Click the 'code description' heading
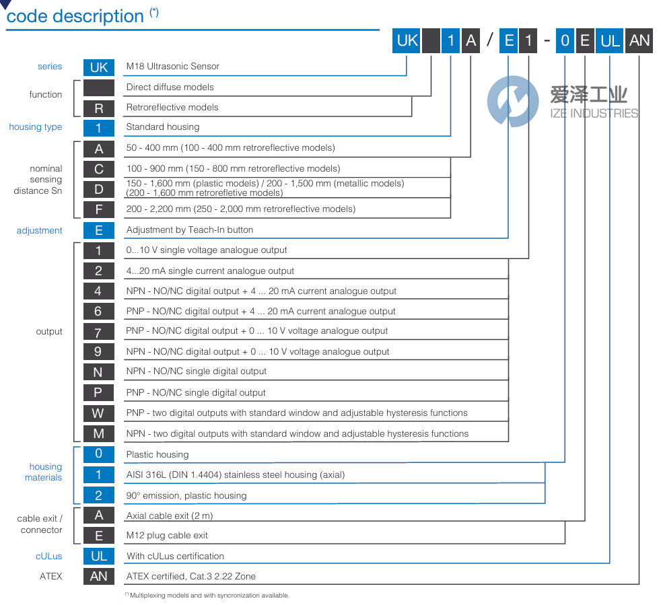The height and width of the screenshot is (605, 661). pos(75,16)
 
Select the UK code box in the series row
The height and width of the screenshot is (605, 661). pos(98,67)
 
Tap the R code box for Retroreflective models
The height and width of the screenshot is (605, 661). pos(98,108)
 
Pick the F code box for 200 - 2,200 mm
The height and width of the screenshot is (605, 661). pos(98,209)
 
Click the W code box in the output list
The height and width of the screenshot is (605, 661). pos(98,413)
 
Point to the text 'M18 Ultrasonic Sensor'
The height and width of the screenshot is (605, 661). pos(173,67)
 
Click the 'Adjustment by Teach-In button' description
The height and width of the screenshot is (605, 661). pos(190,230)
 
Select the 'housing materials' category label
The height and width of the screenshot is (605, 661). pos(45,472)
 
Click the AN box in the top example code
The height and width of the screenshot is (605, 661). pos(639,41)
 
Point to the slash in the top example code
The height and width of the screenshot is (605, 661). pos(489,41)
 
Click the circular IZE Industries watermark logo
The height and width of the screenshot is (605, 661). pos(514,101)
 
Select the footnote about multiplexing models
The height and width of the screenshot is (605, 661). pos(209,595)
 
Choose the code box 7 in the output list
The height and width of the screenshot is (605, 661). pos(98,332)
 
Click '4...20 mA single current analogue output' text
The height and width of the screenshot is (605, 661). pos(210,271)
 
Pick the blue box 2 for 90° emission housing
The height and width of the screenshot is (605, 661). pos(98,495)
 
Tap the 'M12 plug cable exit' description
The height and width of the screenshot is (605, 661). pos(167,536)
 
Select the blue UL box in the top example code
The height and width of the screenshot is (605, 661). pos(610,41)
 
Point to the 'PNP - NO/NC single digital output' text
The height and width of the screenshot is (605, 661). pos(196,392)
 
